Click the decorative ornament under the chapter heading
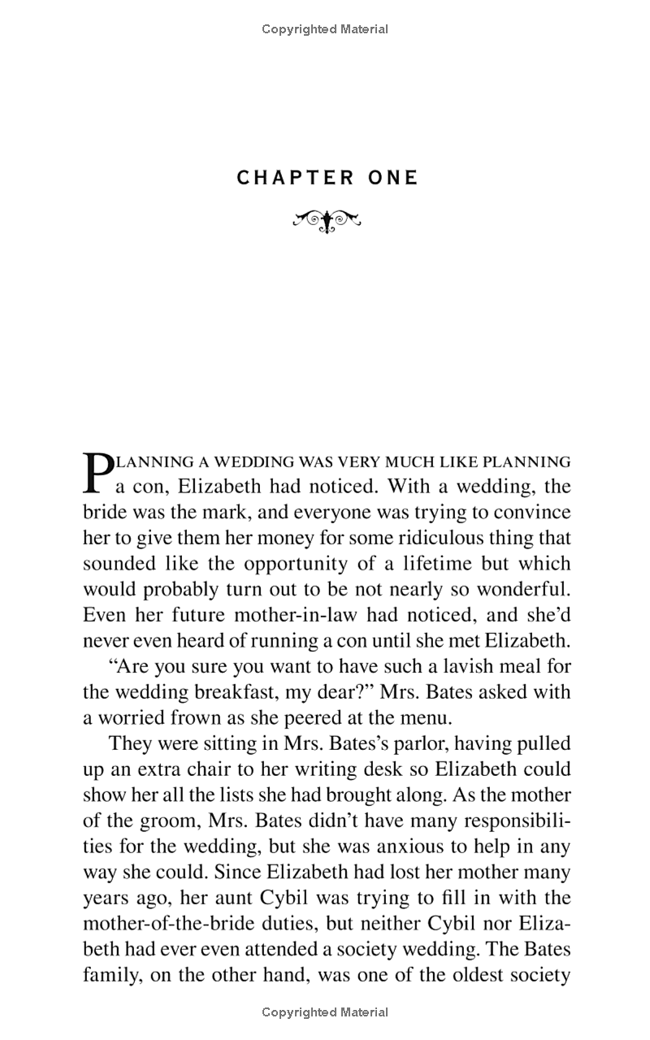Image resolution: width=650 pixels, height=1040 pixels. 326,220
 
